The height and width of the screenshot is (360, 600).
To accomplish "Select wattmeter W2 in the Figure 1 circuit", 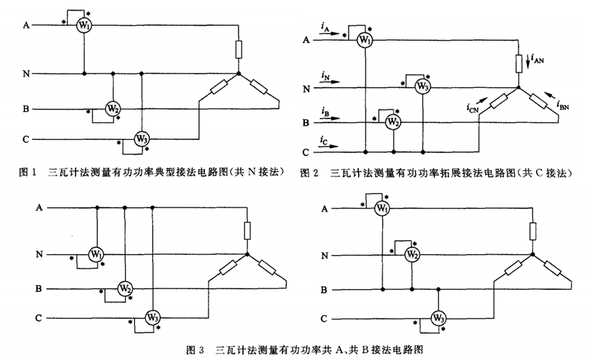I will [113, 109].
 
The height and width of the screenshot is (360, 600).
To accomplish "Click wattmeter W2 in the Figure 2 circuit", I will [393, 122].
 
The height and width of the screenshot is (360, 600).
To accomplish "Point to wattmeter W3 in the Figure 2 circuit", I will [422, 87].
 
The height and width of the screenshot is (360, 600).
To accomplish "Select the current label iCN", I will [473, 109].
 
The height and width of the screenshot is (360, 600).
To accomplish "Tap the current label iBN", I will [562, 106].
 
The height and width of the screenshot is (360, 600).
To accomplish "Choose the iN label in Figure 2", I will [325, 75].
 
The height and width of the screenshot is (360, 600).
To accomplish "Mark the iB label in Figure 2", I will [325, 112].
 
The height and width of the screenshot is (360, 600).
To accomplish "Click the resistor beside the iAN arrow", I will [519, 63].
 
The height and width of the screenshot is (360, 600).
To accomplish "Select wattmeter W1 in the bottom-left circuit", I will [96, 254].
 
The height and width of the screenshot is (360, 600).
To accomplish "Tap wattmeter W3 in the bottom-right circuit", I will [439, 317].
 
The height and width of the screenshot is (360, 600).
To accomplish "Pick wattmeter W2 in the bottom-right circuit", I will [411, 254].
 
